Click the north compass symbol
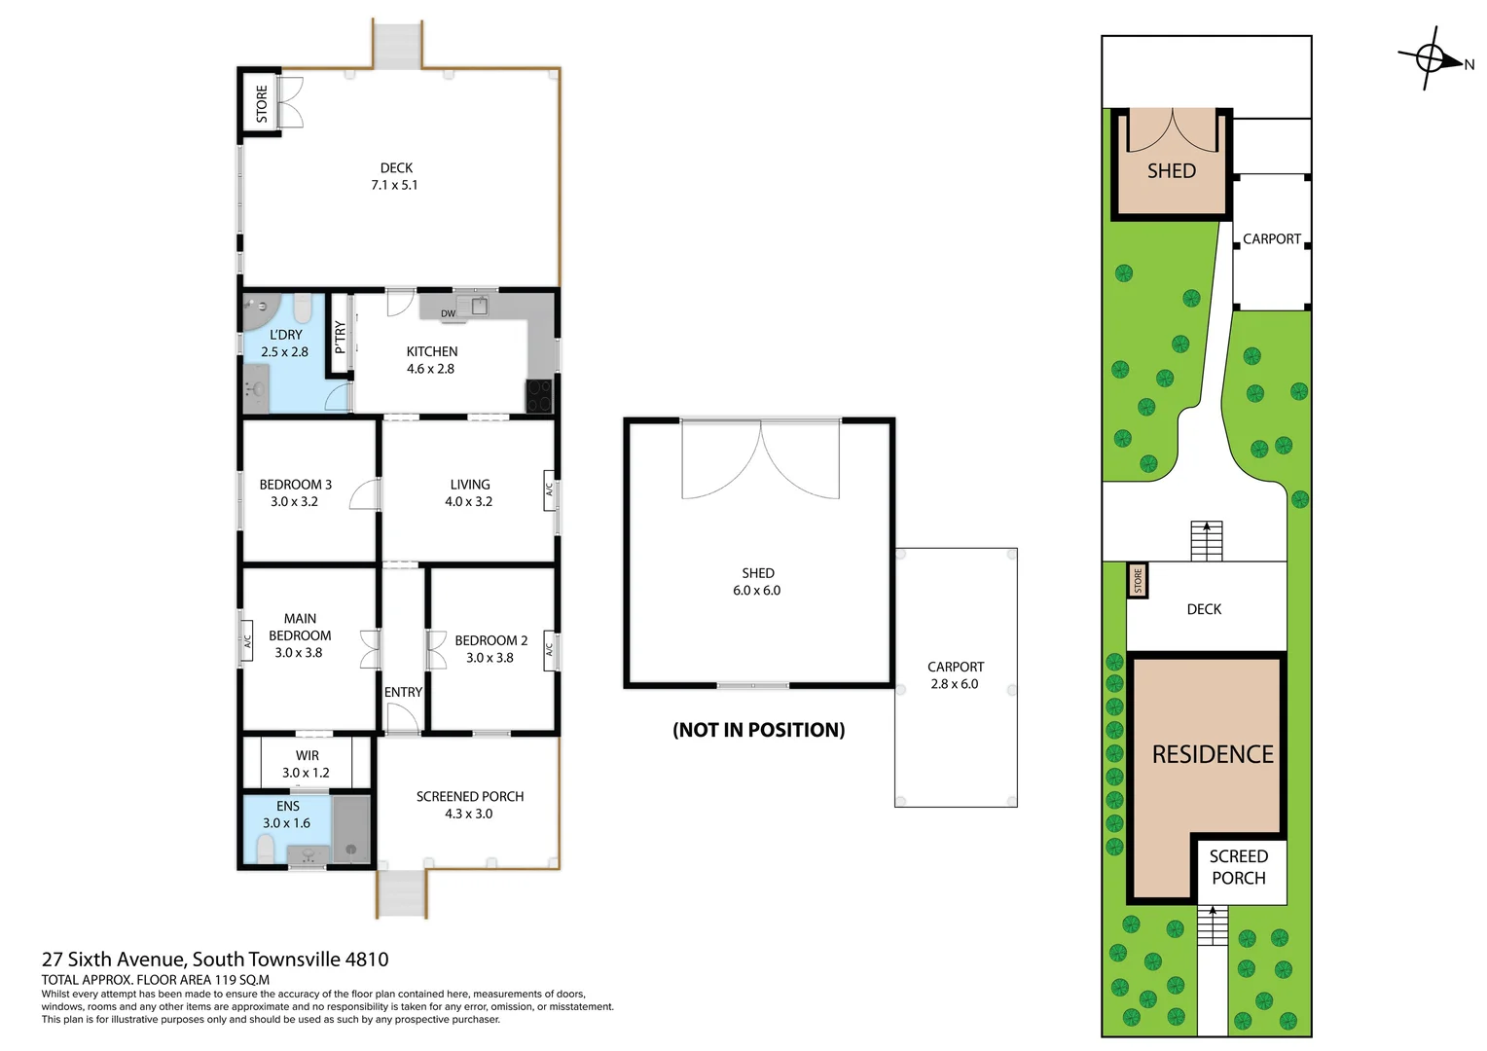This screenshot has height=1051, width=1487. tap(1433, 59)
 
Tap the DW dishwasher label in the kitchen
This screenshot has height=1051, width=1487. tap(448, 313)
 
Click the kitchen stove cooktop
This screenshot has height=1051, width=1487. tap(538, 396)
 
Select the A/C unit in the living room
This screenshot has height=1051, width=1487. tap(549, 489)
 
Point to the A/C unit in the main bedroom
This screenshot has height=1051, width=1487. tap(247, 641)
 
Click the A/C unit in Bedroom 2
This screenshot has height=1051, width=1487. tap(549, 649)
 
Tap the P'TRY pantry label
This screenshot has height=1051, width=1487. tap(340, 336)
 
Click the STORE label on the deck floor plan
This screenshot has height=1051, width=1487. tap(261, 104)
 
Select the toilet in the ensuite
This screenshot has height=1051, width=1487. tap(266, 850)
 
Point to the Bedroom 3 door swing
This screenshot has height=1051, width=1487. tap(365, 494)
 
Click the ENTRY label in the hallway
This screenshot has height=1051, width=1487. tap(403, 692)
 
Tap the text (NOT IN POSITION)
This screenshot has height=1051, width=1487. tap(758, 730)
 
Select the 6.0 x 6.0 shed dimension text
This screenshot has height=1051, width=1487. tap(756, 591)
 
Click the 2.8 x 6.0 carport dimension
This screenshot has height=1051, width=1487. tap(954, 684)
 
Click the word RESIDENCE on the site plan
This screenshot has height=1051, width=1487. tap(1212, 754)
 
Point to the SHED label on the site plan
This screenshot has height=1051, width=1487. tap(1171, 171)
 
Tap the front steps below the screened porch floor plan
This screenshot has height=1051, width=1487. tap(402, 893)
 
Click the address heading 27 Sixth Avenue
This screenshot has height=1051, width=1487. tap(215, 960)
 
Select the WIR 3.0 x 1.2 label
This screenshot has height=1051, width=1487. tap(307, 764)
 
